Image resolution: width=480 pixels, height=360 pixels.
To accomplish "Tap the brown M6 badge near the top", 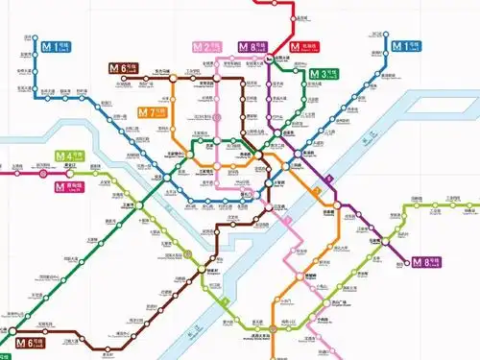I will click(122, 68).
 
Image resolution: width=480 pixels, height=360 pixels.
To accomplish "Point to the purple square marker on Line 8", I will click(328, 178).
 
